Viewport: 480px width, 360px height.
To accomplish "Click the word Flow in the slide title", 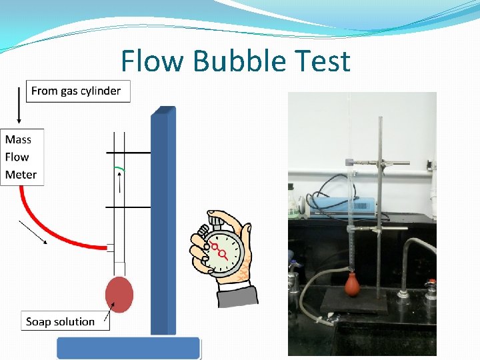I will [153, 61].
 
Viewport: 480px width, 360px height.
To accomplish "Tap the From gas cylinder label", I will [76, 91].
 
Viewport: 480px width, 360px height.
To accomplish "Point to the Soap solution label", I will [60, 321].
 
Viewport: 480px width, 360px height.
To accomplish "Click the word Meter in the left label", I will [21, 175].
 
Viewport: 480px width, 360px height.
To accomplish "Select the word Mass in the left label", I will [18, 139].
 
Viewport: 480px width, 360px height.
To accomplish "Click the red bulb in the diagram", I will [119, 293].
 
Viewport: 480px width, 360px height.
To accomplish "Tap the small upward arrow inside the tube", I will [120, 181].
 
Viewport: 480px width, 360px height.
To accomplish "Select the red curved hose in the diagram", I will [47, 230].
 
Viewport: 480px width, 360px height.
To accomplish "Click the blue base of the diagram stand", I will [128, 347].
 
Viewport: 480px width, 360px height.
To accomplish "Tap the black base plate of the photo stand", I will [354, 305].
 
